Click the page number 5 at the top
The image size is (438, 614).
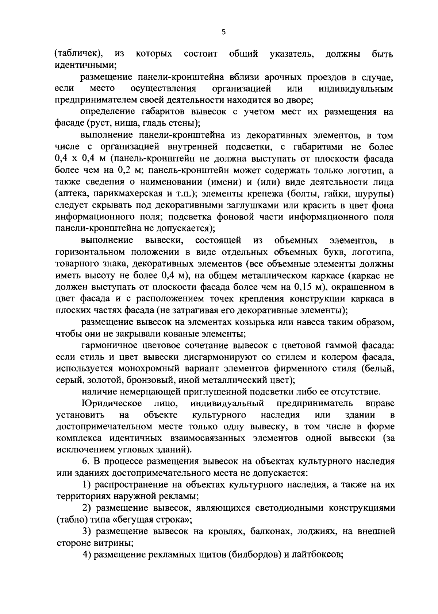pyautogui.click(x=223, y=32)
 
